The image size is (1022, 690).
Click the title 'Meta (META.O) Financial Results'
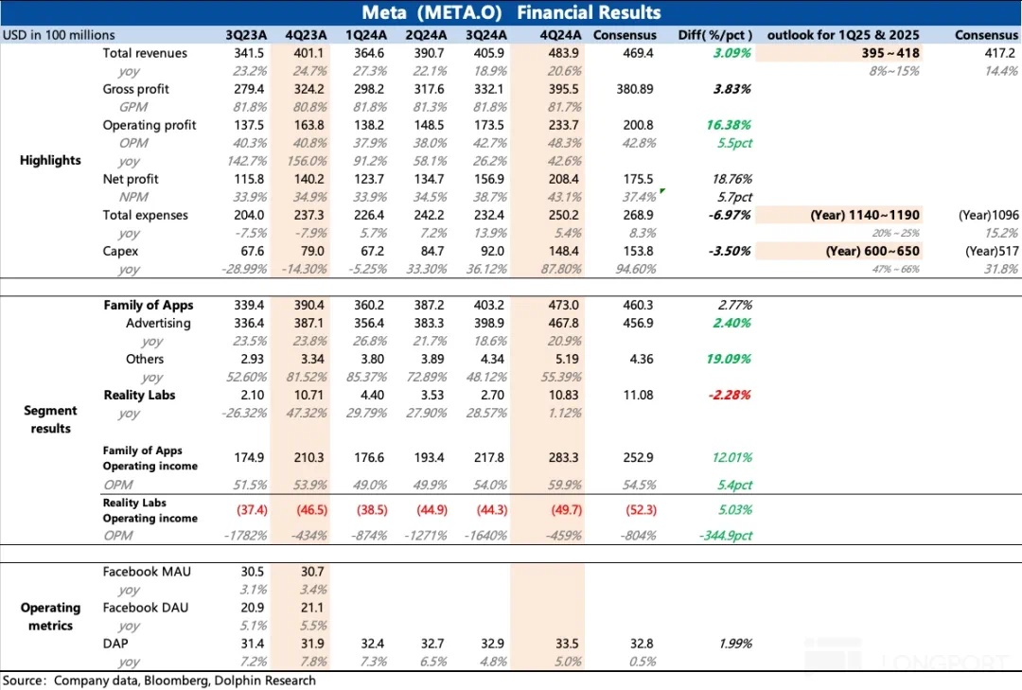click(x=511, y=12)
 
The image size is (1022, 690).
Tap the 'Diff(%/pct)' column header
click(x=715, y=35)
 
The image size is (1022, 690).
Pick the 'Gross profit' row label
click(x=135, y=89)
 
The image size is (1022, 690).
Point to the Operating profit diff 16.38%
click(x=730, y=125)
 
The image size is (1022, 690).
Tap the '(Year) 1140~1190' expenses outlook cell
click(x=865, y=215)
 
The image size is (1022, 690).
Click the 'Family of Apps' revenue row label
click(x=149, y=305)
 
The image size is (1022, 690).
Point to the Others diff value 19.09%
click(x=730, y=359)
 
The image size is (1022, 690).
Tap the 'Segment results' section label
click(x=51, y=419)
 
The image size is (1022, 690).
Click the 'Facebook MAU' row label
click(x=140, y=572)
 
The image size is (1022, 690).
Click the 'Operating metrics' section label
click(x=51, y=616)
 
